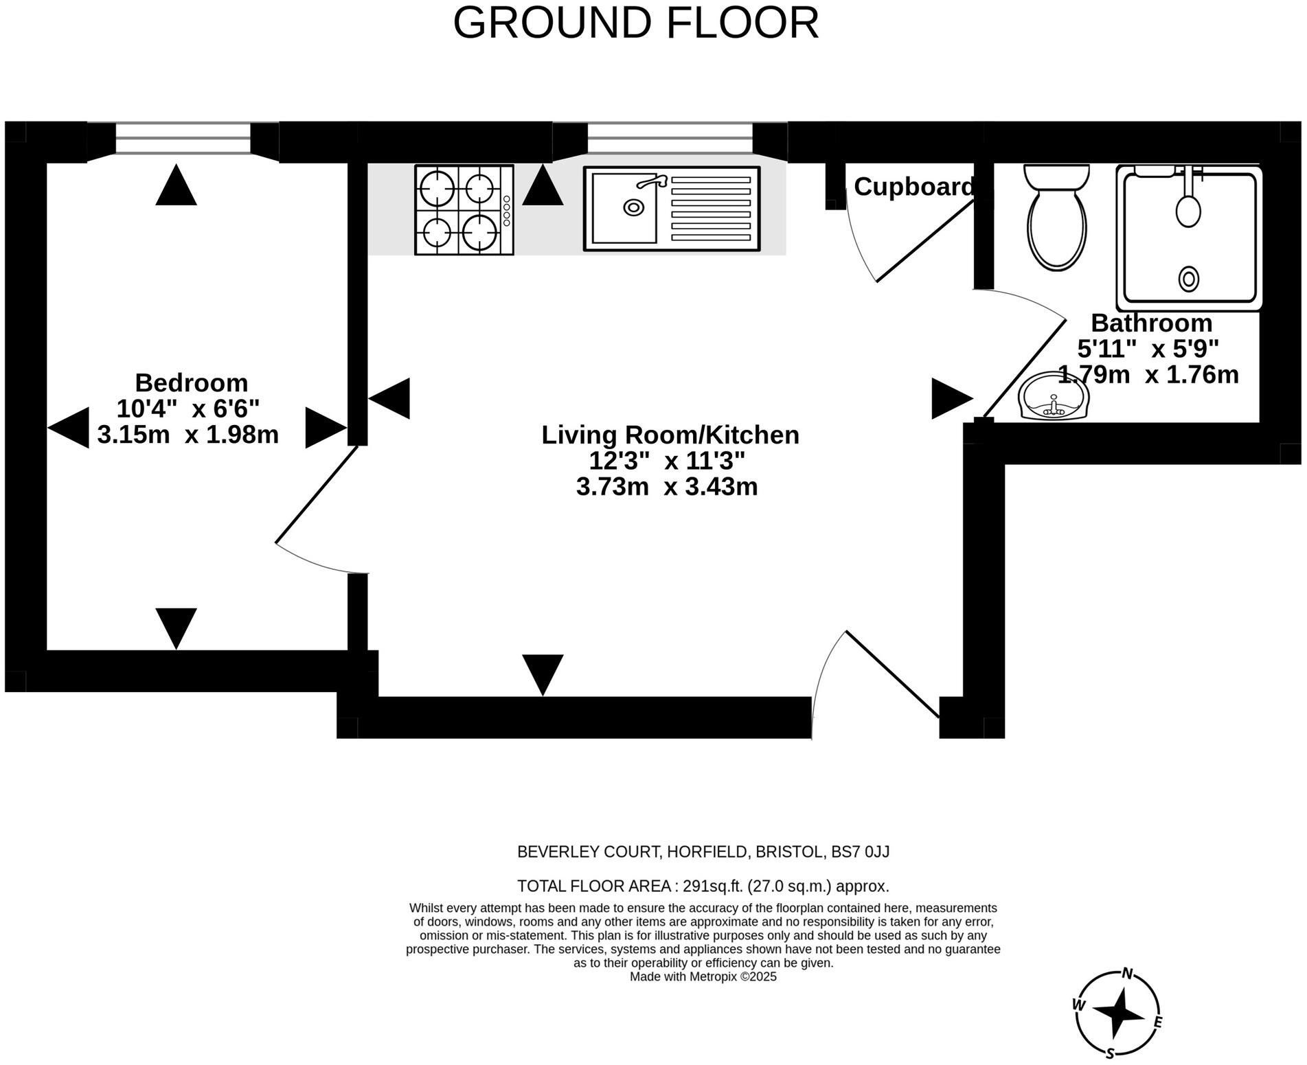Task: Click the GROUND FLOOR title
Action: click(x=635, y=23)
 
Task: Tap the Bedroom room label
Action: click(x=191, y=382)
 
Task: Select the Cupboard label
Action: click(x=913, y=187)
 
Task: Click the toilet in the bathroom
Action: click(x=1056, y=217)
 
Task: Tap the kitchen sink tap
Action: click(x=651, y=181)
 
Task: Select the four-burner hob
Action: click(x=464, y=210)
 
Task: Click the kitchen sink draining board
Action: click(x=710, y=209)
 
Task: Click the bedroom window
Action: click(x=183, y=137)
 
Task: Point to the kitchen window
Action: click(x=670, y=137)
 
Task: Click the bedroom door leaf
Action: click(x=317, y=494)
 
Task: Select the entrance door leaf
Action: click(x=892, y=674)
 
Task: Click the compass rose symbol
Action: click(x=1117, y=1013)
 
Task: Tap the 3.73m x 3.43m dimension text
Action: click(x=667, y=487)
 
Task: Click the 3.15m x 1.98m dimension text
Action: click(x=188, y=435)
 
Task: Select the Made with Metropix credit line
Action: click(x=703, y=976)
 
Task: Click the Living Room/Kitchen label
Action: click(x=670, y=435)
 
